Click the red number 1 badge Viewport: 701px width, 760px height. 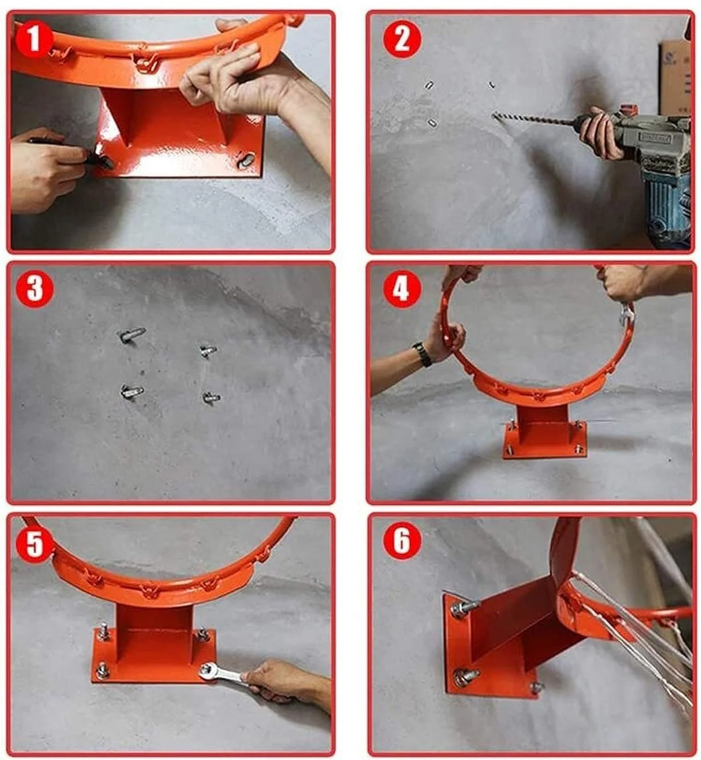click(x=34, y=39)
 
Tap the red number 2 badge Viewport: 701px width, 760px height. click(x=402, y=39)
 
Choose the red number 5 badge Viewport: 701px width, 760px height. click(x=34, y=543)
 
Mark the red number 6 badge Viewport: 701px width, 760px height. click(x=402, y=543)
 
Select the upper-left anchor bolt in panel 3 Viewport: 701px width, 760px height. click(x=132, y=335)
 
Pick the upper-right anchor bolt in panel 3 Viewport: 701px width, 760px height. click(x=208, y=350)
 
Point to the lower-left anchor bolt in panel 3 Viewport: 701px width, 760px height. click(x=132, y=391)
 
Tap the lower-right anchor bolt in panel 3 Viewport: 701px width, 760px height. click(x=211, y=397)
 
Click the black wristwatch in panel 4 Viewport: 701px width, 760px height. click(x=422, y=353)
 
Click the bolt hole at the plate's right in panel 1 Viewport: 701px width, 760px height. click(x=246, y=160)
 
